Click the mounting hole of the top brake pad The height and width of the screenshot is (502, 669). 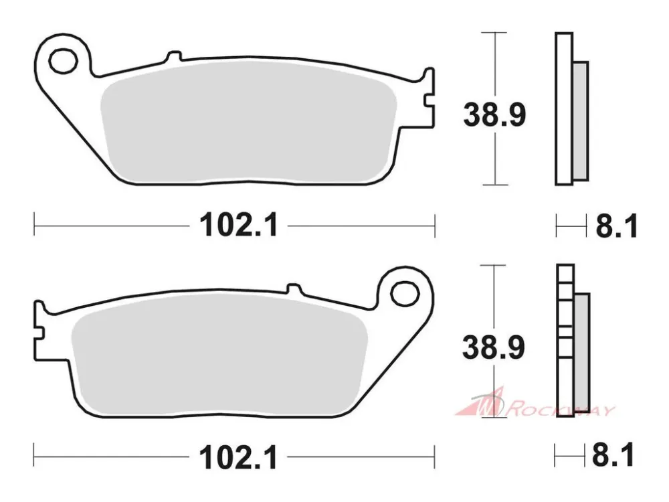[63, 61]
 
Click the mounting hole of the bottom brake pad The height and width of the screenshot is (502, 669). [405, 294]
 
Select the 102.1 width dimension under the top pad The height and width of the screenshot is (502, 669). [239, 225]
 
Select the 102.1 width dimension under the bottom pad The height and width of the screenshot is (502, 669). [239, 457]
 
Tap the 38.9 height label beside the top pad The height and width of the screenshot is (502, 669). [494, 114]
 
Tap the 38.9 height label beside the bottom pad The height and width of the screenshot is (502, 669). [494, 347]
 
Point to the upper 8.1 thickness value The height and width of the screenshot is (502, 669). [617, 226]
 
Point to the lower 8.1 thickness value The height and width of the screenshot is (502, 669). [613, 455]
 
